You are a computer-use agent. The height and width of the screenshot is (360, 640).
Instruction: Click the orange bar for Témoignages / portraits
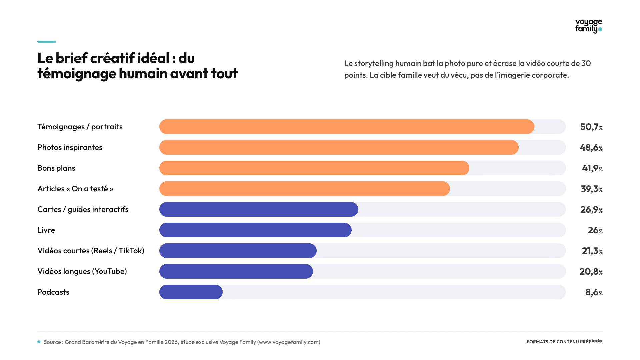coord(347,127)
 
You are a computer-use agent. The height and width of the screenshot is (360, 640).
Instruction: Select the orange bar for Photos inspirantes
coord(339,147)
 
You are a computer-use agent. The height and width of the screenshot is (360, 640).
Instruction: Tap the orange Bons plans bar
coord(314,168)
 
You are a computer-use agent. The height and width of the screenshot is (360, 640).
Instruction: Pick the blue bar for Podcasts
coord(191,292)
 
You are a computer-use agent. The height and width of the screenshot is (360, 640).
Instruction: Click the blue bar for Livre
coord(255,230)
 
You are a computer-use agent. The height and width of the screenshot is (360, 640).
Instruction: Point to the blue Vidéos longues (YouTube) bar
coord(236,271)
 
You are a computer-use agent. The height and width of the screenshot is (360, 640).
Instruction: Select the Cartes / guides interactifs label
coord(83,209)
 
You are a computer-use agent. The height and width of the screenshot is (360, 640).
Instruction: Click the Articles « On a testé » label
coord(75,189)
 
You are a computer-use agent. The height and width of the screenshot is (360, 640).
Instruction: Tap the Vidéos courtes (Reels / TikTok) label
coord(91,251)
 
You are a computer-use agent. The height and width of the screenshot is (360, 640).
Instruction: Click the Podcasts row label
coord(53,292)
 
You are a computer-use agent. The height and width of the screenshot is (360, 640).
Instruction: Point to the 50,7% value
coord(591,127)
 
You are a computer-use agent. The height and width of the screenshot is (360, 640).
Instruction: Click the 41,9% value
coord(592,168)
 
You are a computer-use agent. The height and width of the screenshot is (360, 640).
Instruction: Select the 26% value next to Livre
coord(595,230)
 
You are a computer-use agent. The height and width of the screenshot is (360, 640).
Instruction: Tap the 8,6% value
coord(594,292)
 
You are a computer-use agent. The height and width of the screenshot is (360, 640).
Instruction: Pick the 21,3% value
coord(592,251)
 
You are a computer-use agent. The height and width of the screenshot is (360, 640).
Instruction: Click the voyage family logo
coord(589,26)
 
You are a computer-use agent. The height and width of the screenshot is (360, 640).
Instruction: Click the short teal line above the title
coord(47,42)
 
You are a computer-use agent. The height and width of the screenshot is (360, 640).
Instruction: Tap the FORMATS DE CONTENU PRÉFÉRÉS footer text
coord(565,342)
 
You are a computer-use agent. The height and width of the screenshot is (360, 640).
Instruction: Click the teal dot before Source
coord(39,342)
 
